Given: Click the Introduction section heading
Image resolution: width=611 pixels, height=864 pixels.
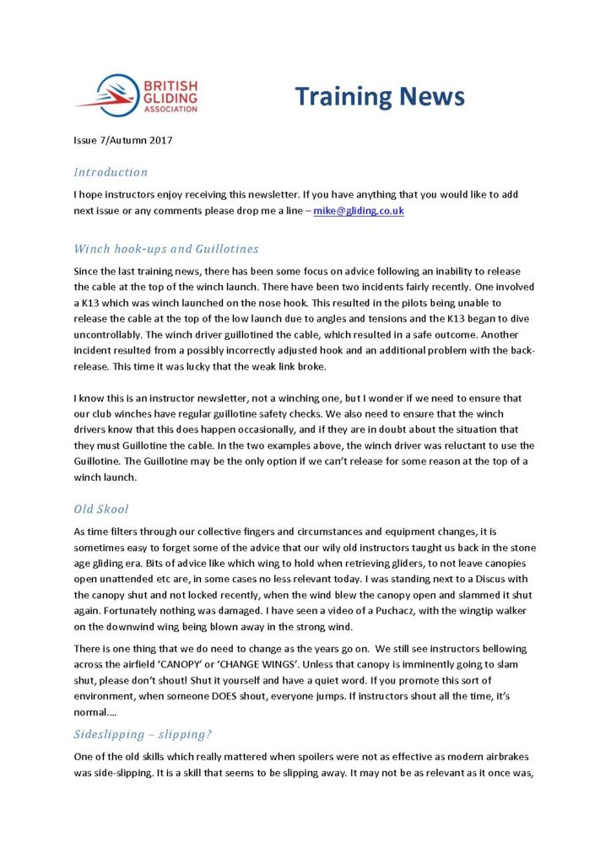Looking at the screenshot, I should tap(111, 172).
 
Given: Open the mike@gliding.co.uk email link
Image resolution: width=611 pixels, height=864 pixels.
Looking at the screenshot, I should tap(359, 210).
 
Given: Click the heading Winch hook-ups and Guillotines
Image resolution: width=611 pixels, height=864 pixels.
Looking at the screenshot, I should tap(166, 249).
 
